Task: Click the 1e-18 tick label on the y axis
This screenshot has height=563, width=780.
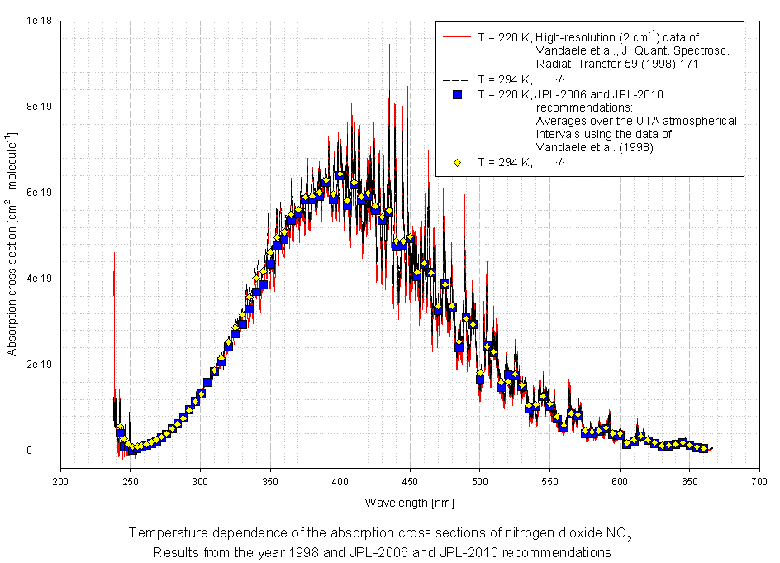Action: click(x=40, y=21)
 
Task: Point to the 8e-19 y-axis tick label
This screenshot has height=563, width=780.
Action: click(x=40, y=107)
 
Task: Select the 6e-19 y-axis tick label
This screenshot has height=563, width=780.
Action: click(x=40, y=193)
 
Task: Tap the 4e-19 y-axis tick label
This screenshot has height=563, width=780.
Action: click(x=40, y=279)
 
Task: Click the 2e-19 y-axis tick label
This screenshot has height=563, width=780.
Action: click(x=40, y=365)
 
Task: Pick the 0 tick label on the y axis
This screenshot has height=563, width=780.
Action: click(x=50, y=451)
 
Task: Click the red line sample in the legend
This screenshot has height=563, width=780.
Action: click(x=457, y=37)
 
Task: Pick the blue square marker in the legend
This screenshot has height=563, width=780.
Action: click(x=457, y=94)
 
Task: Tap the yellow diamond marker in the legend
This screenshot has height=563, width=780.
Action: click(x=457, y=162)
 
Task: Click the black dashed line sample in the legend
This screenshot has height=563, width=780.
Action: click(x=457, y=79)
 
